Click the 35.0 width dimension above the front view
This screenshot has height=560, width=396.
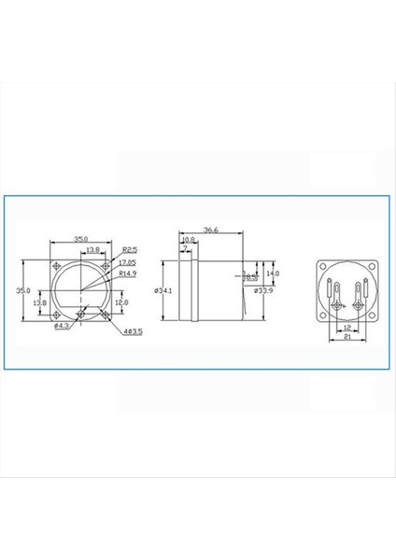[82, 239]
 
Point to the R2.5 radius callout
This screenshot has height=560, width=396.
[130, 249]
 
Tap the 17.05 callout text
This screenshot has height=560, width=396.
[126, 264]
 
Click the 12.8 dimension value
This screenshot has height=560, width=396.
[120, 302]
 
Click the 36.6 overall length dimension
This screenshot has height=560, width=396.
[210, 231]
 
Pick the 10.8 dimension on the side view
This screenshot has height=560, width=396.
[188, 240]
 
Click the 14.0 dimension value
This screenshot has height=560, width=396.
[274, 273]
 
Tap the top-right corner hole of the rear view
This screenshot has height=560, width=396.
[372, 266]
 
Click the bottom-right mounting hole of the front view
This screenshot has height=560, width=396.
[106, 315]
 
